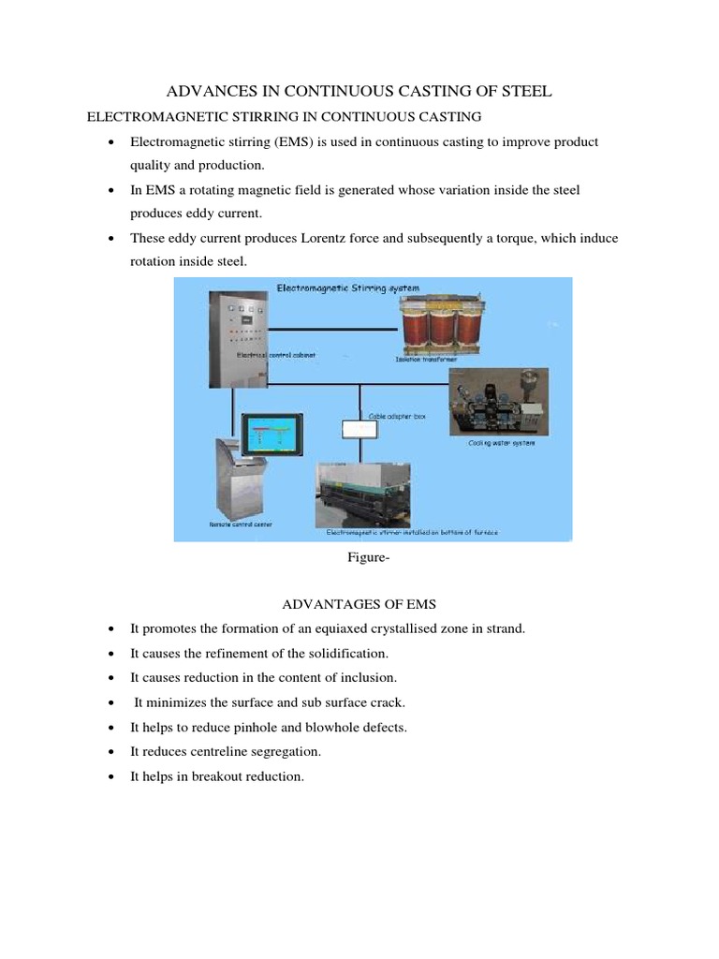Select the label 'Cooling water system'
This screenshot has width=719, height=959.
(x=502, y=443)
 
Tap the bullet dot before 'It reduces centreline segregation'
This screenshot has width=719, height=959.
(x=110, y=752)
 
